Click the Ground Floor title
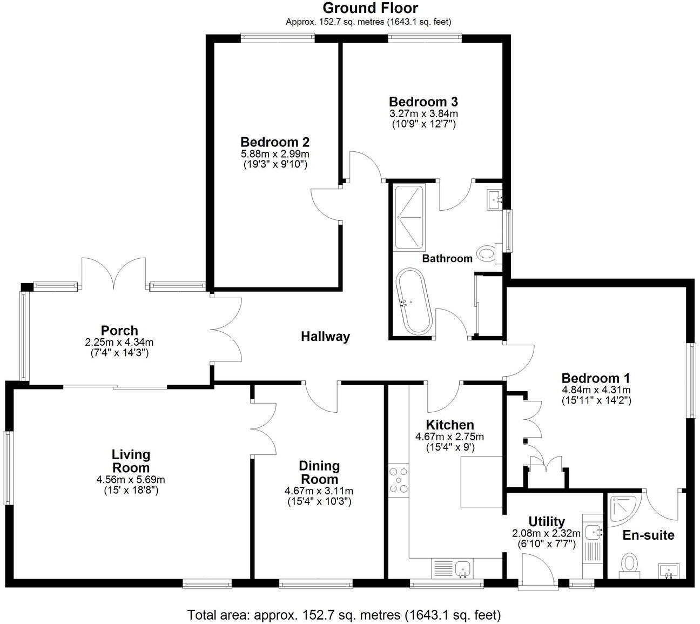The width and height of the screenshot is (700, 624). [370, 8]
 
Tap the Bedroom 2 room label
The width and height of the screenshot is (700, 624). [275, 142]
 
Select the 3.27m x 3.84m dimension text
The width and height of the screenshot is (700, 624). [423, 113]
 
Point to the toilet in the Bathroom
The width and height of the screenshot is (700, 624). [488, 252]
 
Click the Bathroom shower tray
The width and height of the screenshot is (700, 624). [409, 217]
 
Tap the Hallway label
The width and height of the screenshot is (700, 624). [325, 337]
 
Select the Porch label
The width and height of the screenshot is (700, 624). [119, 330]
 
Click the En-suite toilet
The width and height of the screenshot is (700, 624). [629, 563]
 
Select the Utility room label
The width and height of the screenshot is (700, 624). [546, 521]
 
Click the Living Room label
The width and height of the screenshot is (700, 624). [131, 461]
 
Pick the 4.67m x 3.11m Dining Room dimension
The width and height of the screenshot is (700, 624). [319, 491]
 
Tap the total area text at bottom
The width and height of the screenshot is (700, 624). [344, 615]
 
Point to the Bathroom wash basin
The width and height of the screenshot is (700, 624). [494, 199]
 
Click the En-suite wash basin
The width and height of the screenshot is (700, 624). [669, 571]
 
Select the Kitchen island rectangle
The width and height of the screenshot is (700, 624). [481, 481]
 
